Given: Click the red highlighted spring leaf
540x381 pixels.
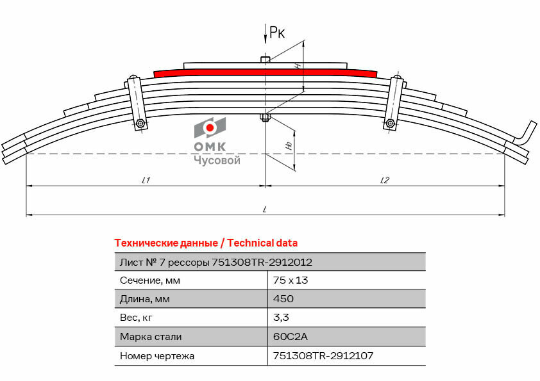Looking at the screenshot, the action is click(265, 72).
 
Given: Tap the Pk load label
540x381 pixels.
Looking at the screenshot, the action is click(277, 32).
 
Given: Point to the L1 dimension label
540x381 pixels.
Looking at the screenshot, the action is click(146, 180).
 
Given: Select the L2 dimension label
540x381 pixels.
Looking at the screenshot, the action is click(385, 180).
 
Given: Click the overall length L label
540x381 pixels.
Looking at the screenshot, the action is click(264, 209).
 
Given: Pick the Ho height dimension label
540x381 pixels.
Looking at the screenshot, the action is click(289, 146).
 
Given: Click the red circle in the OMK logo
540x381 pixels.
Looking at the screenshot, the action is click(210, 128).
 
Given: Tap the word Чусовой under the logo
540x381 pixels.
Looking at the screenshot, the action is click(217, 160).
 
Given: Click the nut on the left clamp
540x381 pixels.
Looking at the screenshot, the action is click(140, 124).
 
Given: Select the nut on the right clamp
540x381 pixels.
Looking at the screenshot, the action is click(390, 123).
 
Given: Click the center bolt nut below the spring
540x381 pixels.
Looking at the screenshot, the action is click(265, 118).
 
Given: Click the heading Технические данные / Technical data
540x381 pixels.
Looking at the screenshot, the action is click(206, 243).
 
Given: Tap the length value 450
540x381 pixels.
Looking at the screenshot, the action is click(283, 298).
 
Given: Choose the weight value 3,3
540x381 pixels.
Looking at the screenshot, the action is click(281, 318).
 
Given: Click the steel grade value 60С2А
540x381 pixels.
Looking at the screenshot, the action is click(290, 336).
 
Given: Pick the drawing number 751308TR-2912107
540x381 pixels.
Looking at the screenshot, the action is click(323, 355).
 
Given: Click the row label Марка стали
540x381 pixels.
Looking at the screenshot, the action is click(151, 337).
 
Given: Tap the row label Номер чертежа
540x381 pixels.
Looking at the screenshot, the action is click(157, 356).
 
